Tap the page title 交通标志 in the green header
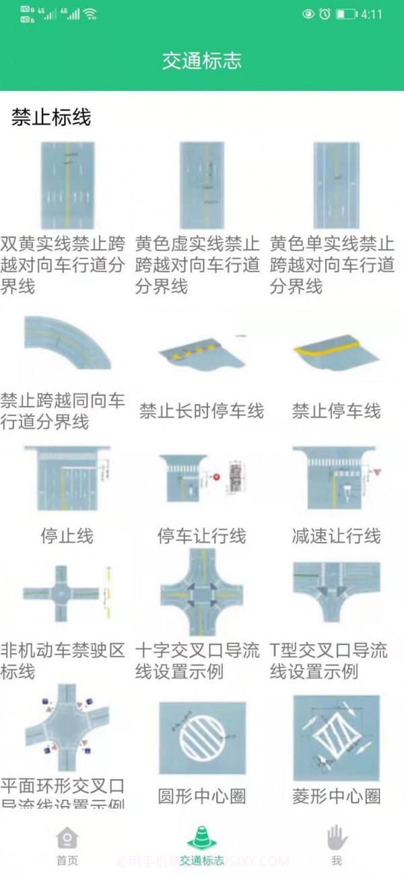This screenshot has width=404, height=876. (201, 61)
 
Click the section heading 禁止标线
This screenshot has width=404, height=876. (51, 118)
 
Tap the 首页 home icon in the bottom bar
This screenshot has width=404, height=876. (67, 838)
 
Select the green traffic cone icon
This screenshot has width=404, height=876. (201, 837)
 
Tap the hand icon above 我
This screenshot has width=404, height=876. (337, 838)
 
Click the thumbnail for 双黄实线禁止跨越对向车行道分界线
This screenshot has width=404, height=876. (67, 185)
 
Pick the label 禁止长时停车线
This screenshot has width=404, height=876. (201, 411)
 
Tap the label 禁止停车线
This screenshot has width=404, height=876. (336, 411)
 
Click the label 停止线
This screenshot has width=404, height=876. (67, 536)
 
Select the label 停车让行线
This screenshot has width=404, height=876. (201, 536)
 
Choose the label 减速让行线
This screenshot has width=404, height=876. (336, 536)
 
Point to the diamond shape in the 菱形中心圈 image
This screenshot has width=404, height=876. (335, 739)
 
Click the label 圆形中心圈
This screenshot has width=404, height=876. (201, 797)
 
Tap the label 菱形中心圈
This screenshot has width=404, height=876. (336, 797)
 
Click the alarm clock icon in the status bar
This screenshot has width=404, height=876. (325, 14)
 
